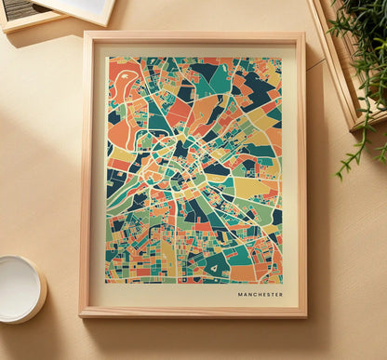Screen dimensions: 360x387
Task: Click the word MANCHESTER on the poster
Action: pos(260,294)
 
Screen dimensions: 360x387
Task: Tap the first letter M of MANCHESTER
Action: pos(240,294)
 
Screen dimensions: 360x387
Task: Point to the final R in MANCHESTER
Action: pos(281,294)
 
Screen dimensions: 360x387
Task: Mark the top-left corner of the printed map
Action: pos(106,58)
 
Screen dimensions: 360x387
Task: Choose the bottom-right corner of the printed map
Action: pos(281,282)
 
